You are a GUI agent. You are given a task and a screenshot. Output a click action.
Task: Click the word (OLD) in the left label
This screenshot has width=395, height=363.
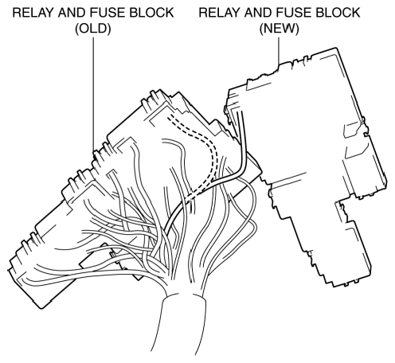(x=93, y=29)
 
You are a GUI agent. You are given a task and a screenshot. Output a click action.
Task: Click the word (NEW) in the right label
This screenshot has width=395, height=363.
(x=279, y=29)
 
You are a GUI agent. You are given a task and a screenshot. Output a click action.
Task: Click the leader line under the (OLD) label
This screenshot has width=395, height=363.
(x=93, y=94)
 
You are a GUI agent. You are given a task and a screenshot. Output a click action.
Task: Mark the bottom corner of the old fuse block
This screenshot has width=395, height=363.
(x=41, y=308)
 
